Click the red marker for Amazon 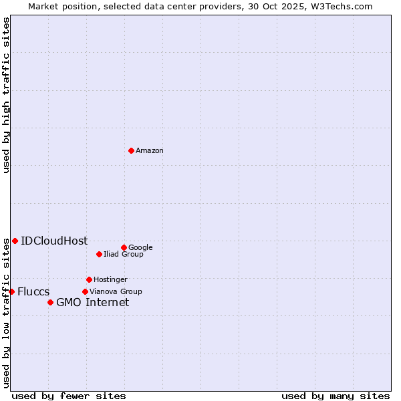pos(131,150)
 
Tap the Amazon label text pos(150,151)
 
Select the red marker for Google pos(124,247)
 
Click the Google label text pos(140,248)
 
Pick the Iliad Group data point pos(99,254)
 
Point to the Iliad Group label pos(124,255)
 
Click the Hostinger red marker pos(89,279)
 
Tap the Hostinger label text pos(110,280)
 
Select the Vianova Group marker pos(85,291)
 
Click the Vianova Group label pos(116,292)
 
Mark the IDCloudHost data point pos(15,241)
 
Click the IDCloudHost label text pos(54,241)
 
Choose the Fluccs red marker pos(11,291)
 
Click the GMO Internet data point pos(50,302)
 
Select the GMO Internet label pos(92,303)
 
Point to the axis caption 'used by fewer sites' pos(69,396)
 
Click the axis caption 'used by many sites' pos(336,396)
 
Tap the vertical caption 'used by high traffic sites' pos(6,96)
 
